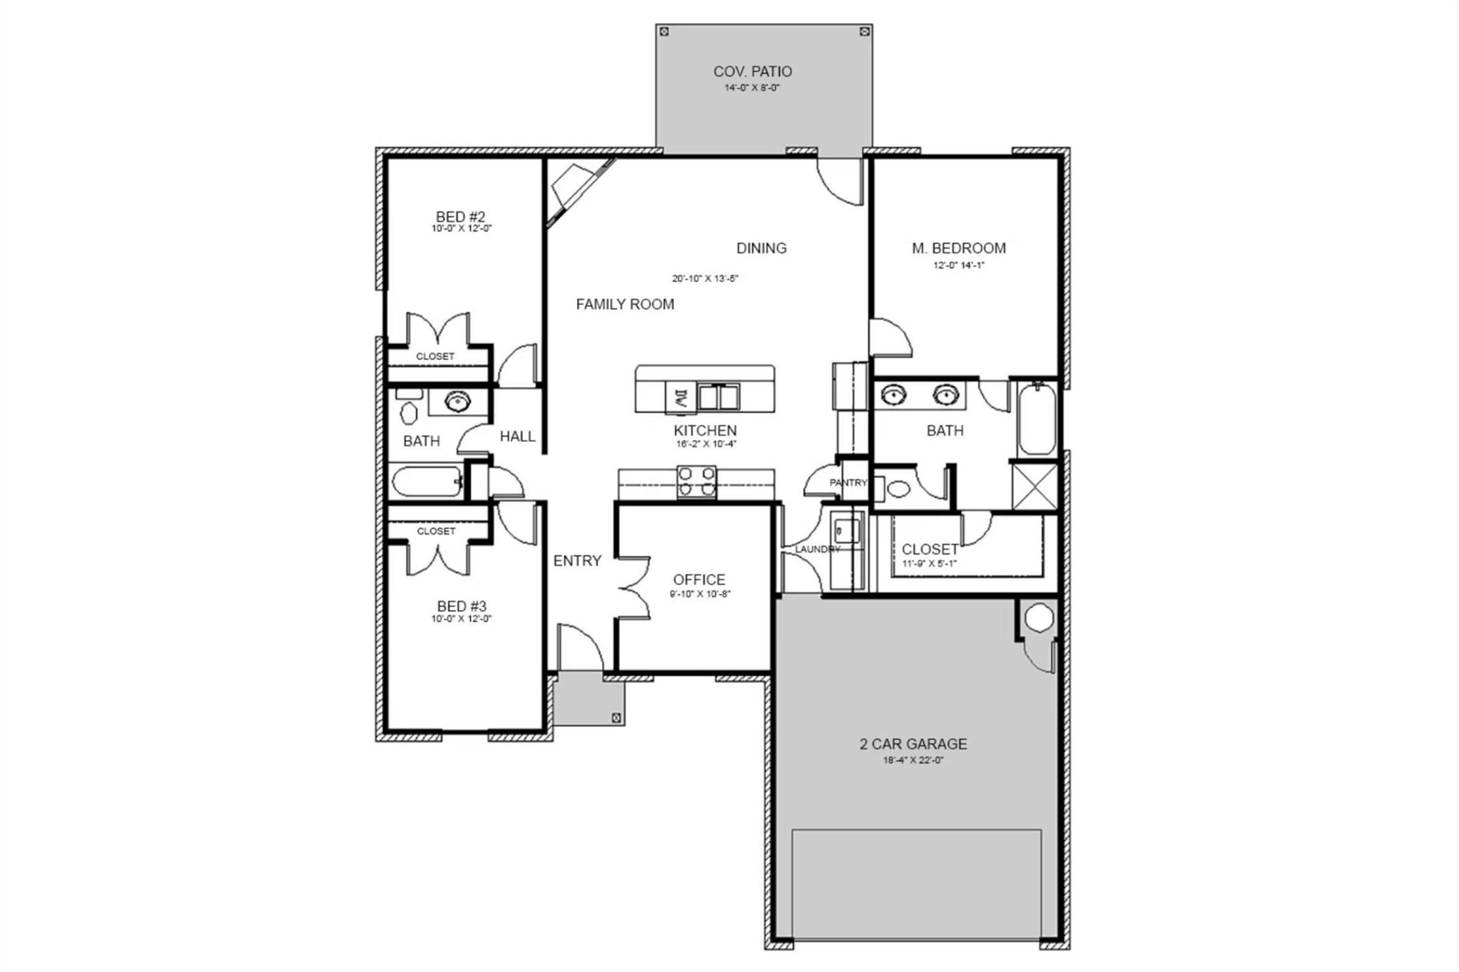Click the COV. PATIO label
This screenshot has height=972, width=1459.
pyautogui.click(x=752, y=71)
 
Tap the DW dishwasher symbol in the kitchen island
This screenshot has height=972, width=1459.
pyautogui.click(x=680, y=397)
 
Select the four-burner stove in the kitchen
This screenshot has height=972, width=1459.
pyautogui.click(x=696, y=481)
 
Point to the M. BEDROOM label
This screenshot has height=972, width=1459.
pyautogui.click(x=959, y=249)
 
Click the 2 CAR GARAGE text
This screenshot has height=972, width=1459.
pyautogui.click(x=913, y=744)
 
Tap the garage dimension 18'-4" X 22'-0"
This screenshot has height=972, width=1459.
pyautogui.click(x=913, y=760)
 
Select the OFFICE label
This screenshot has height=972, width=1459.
pyautogui.click(x=699, y=580)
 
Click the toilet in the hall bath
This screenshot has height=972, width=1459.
pyautogui.click(x=409, y=412)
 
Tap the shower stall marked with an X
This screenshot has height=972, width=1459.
pyautogui.click(x=1035, y=486)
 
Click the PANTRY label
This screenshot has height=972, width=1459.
pyautogui.click(x=848, y=483)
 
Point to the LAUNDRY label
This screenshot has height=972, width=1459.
pyautogui.click(x=816, y=549)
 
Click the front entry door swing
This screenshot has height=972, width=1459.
pyautogui.click(x=578, y=648)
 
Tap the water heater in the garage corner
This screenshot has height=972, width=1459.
pyautogui.click(x=1038, y=617)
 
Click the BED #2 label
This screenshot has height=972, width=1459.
pyautogui.click(x=460, y=216)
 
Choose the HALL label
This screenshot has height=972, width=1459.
pyautogui.click(x=517, y=437)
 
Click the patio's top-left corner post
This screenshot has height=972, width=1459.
pyautogui.click(x=664, y=31)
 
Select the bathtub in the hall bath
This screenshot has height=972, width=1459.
pyautogui.click(x=426, y=482)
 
